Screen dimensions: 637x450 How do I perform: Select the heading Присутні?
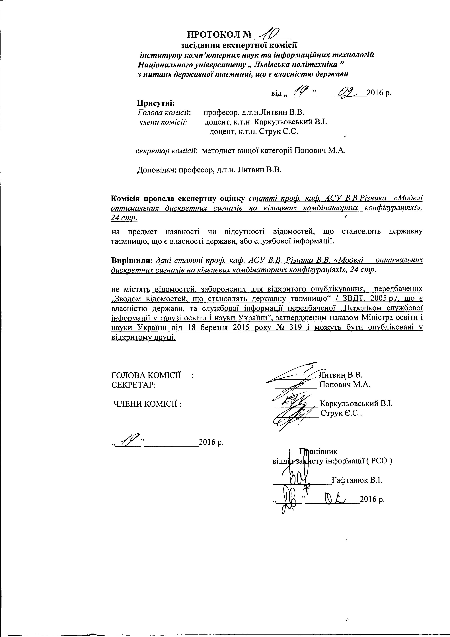156,103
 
